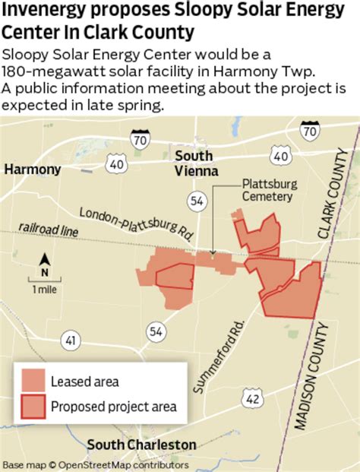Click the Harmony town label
33,169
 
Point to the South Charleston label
142,445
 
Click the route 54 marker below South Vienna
196,201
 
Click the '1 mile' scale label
43,290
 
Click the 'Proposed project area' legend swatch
33,407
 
